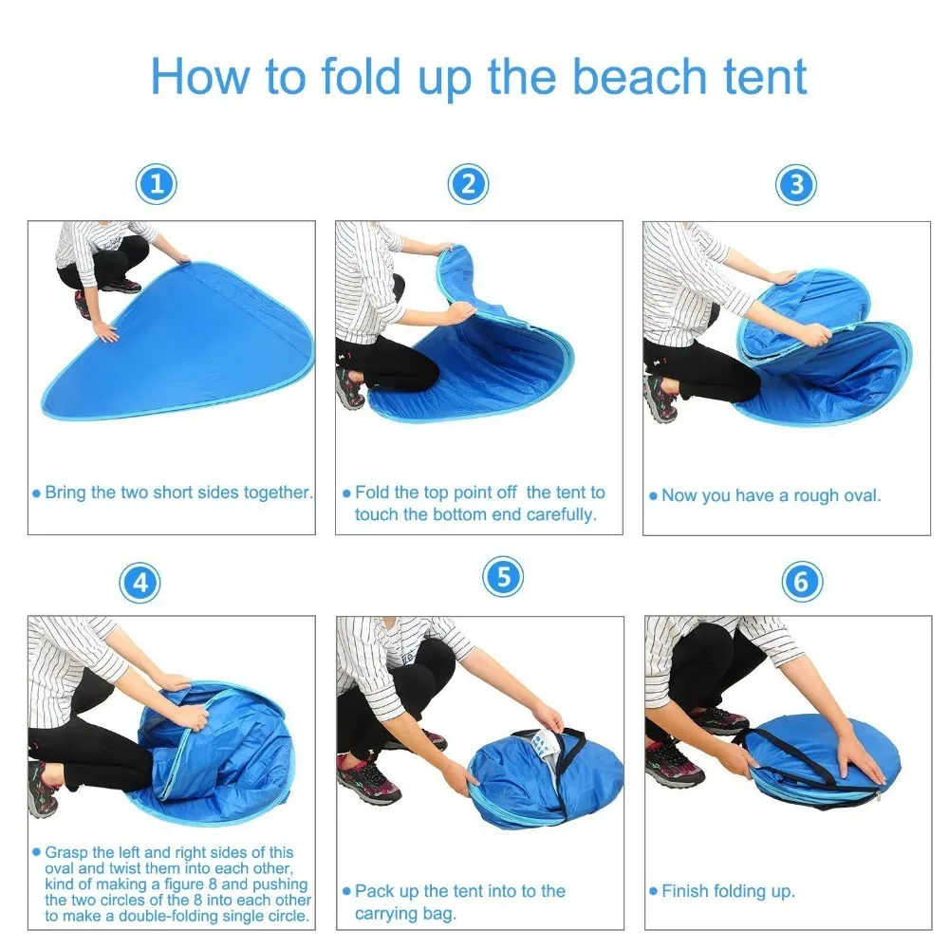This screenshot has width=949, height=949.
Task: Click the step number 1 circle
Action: (158, 184)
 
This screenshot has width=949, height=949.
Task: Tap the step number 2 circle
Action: (468, 184)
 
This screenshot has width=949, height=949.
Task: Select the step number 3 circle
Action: (795, 184)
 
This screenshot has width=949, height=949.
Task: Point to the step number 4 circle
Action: (140, 583)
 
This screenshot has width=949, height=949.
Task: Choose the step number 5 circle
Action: (503, 576)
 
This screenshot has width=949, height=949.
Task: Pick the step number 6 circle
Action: (802, 581)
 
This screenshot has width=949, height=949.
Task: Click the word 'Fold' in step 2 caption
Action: (373, 493)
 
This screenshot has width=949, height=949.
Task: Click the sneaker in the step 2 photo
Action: (349, 388)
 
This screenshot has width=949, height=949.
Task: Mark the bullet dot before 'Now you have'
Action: (653, 496)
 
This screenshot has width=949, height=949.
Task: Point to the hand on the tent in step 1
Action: (107, 331)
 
